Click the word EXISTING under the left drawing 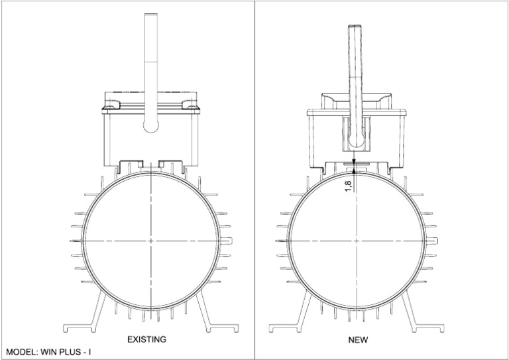point(146,339)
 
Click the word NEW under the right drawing point(358,340)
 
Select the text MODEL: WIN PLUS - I point(48,352)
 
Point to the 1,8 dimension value point(349,186)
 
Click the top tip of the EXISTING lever point(150,14)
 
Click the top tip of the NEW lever point(355,26)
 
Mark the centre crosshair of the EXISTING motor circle point(151,241)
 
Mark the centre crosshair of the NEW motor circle point(357,241)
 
